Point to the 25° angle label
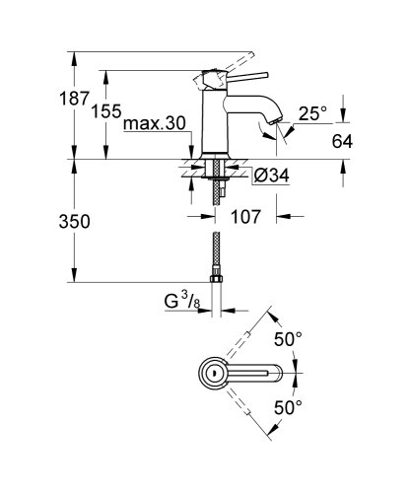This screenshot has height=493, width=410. [312, 114]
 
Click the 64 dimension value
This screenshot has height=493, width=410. [342, 141]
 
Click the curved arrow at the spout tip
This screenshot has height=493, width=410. [265, 134]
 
